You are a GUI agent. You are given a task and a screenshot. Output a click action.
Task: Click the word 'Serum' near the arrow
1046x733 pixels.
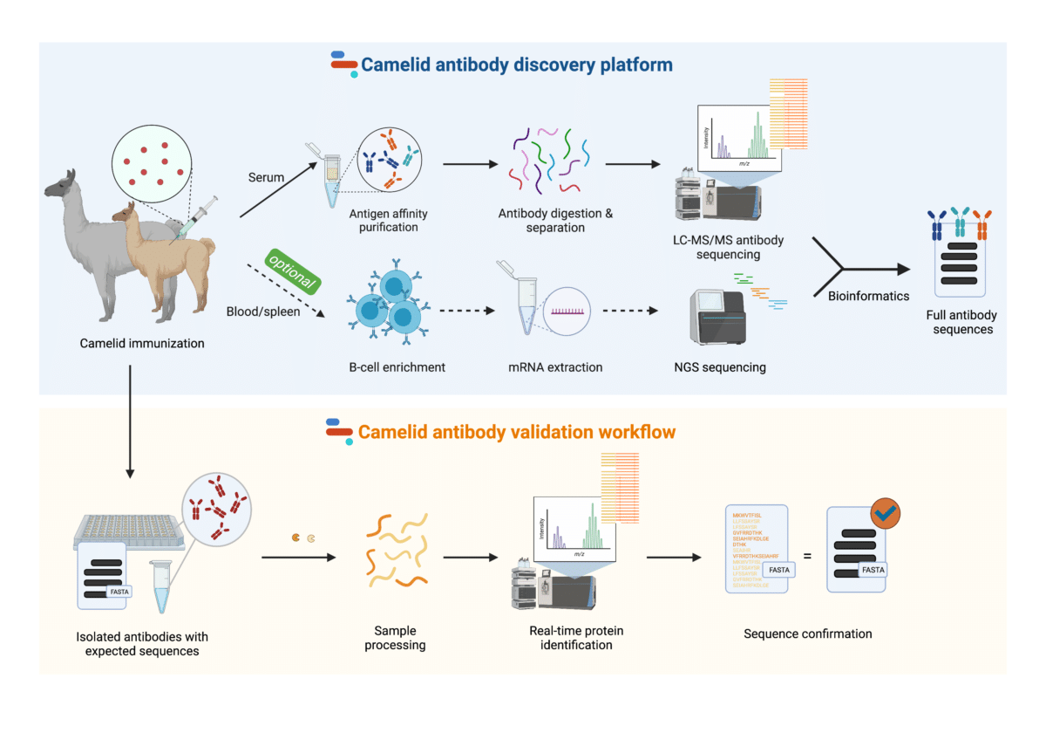click(x=267, y=177)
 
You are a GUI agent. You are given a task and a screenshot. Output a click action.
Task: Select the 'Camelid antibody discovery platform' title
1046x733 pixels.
click(x=516, y=65)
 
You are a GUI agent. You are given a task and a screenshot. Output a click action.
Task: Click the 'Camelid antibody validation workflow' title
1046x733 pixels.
click(x=516, y=432)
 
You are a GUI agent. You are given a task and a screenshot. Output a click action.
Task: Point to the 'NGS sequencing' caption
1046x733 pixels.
click(x=723, y=367)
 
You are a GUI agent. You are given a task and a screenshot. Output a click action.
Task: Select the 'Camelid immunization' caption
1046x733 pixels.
click(x=141, y=343)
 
